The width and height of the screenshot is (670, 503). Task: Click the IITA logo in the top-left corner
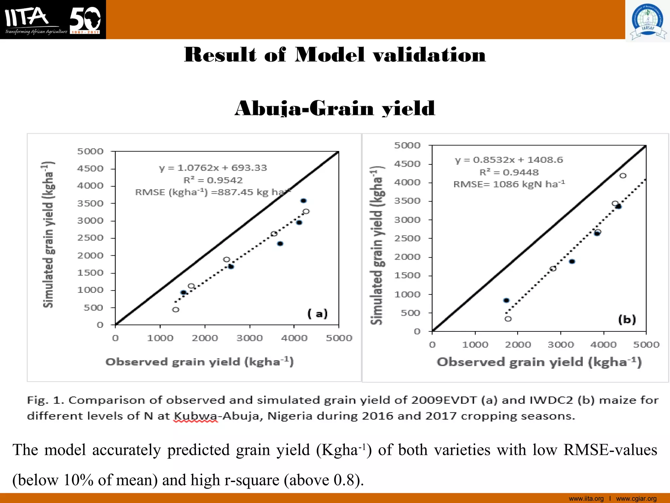coord(52,20)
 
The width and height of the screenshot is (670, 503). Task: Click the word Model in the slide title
coord(330,55)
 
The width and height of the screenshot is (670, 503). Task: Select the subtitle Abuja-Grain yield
coord(335,108)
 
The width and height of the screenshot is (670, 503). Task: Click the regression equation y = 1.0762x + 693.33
coord(213,168)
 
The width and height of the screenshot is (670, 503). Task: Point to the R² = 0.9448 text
coord(509,172)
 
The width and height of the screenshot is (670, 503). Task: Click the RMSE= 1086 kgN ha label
coord(509,184)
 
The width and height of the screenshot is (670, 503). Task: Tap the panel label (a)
coord(317,314)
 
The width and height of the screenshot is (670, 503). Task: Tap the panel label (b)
coord(627,319)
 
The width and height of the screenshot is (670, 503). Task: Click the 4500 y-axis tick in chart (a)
coord(90,169)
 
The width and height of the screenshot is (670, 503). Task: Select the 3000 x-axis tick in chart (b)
coord(560,345)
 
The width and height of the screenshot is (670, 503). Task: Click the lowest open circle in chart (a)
coord(176,309)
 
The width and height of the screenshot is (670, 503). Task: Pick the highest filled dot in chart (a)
coord(304,201)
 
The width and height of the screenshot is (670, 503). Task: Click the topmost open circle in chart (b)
coord(623,176)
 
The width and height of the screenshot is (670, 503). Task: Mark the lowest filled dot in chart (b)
coord(506,300)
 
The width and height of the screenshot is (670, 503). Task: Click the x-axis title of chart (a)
coord(200,362)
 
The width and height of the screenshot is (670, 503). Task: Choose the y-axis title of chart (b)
coord(377,246)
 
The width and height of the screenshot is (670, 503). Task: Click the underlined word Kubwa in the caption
coord(195,416)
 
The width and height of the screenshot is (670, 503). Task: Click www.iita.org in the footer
coord(586,499)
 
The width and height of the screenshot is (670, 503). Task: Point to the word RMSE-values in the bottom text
coord(610,450)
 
